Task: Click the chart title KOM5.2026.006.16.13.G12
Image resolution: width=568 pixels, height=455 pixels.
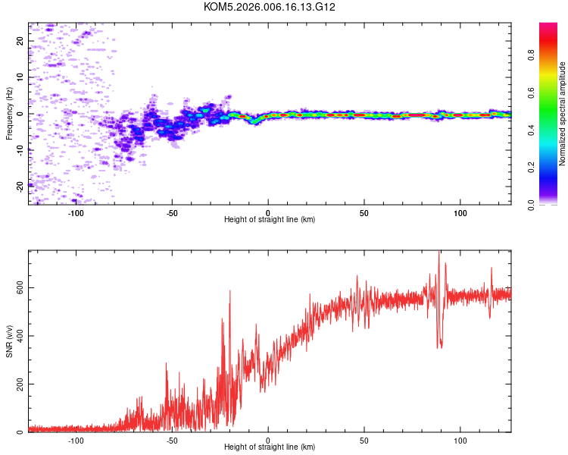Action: point(270,7)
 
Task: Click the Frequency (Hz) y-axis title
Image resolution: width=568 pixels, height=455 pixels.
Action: point(10,114)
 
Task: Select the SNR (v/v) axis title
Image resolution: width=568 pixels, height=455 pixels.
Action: point(10,341)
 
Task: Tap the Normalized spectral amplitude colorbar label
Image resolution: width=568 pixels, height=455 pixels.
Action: point(563,114)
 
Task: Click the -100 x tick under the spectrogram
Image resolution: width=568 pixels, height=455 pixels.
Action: point(76,212)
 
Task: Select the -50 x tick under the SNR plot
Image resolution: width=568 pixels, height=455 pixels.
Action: point(173,440)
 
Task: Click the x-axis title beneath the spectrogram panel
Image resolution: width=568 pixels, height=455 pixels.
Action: point(270,220)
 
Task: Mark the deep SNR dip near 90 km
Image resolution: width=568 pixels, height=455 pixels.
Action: point(440,345)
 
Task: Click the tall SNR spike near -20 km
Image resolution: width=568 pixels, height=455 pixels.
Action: point(229,293)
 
